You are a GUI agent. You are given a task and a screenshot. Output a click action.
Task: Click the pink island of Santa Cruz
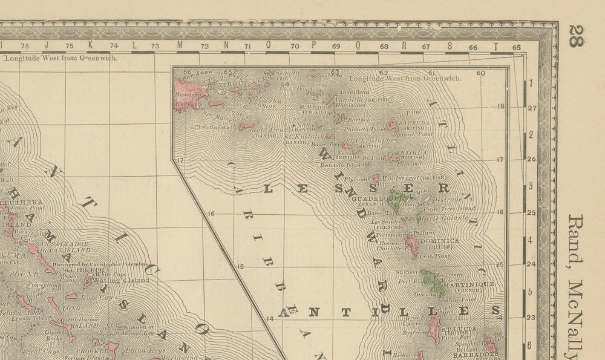point(248,126)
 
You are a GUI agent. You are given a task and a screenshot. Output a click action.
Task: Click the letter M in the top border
point(180,45)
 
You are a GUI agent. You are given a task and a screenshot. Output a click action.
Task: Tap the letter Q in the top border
point(358,45)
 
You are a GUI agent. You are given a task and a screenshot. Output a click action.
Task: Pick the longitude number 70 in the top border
point(294,46)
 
